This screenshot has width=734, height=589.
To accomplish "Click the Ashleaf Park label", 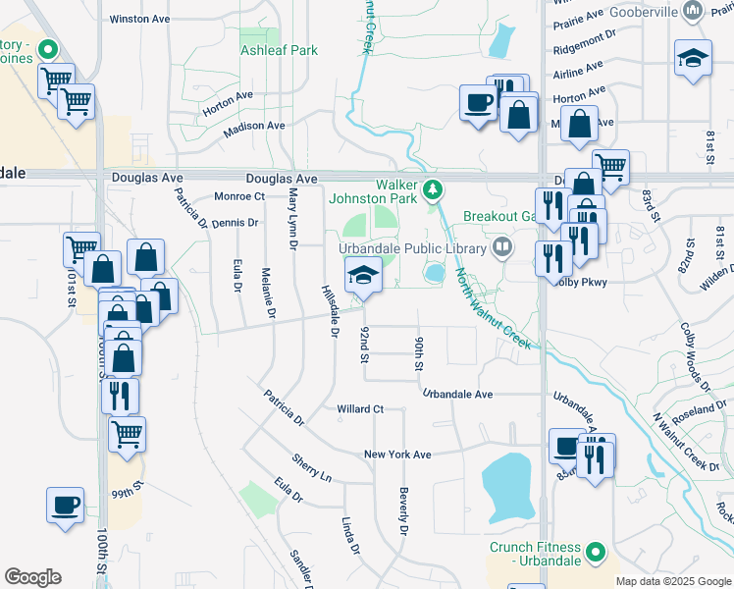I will pos(279,49).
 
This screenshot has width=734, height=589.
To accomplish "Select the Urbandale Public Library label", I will pos(413,247).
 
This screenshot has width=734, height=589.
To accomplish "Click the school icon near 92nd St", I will pos(362,278).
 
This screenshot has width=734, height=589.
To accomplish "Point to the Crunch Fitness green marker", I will pos(595,556).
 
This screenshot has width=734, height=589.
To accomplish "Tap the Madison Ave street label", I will pos(253,127).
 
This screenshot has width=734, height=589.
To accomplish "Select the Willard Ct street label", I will pos(358,408).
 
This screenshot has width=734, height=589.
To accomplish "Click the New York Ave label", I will pos(397,455).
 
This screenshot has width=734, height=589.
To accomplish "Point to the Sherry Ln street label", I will pos(312,467).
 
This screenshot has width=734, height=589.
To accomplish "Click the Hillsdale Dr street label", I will pos(329,311).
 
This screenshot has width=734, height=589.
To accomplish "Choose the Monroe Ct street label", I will pos(239,196).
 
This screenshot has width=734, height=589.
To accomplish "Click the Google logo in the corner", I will pos(32,577).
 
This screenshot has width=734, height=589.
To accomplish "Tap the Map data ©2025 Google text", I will pos(673,581).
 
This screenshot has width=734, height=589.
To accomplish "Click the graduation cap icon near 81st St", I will pos(693,59).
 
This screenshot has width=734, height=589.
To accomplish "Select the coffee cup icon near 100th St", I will pos(65,506).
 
